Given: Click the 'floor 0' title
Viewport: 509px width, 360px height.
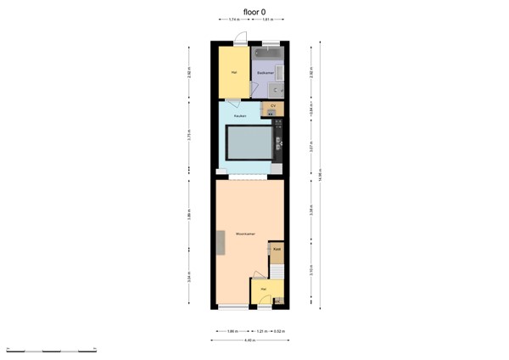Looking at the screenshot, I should tap(254, 12).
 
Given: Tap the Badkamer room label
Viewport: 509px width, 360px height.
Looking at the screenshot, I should tap(265, 73).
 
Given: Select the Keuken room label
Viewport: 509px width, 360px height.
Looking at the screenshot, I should tap(240, 115).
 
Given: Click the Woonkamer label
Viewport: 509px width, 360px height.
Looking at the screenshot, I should tap(246, 233).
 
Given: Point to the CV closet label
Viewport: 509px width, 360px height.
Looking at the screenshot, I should tap(273, 105).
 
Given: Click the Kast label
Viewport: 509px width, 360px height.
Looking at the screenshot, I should tap(277, 250).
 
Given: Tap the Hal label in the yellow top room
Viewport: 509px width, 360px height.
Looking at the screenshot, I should tap(232, 72).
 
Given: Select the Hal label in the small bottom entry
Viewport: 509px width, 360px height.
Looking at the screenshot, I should tap(265, 290).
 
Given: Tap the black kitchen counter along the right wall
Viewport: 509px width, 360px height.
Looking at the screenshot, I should tap(278, 140).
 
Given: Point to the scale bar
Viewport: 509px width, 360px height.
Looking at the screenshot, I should tap(51, 349).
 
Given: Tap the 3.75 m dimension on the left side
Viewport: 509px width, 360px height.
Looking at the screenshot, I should tap(189, 137).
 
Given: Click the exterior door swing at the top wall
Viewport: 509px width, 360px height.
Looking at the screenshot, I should tap(242, 39).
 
